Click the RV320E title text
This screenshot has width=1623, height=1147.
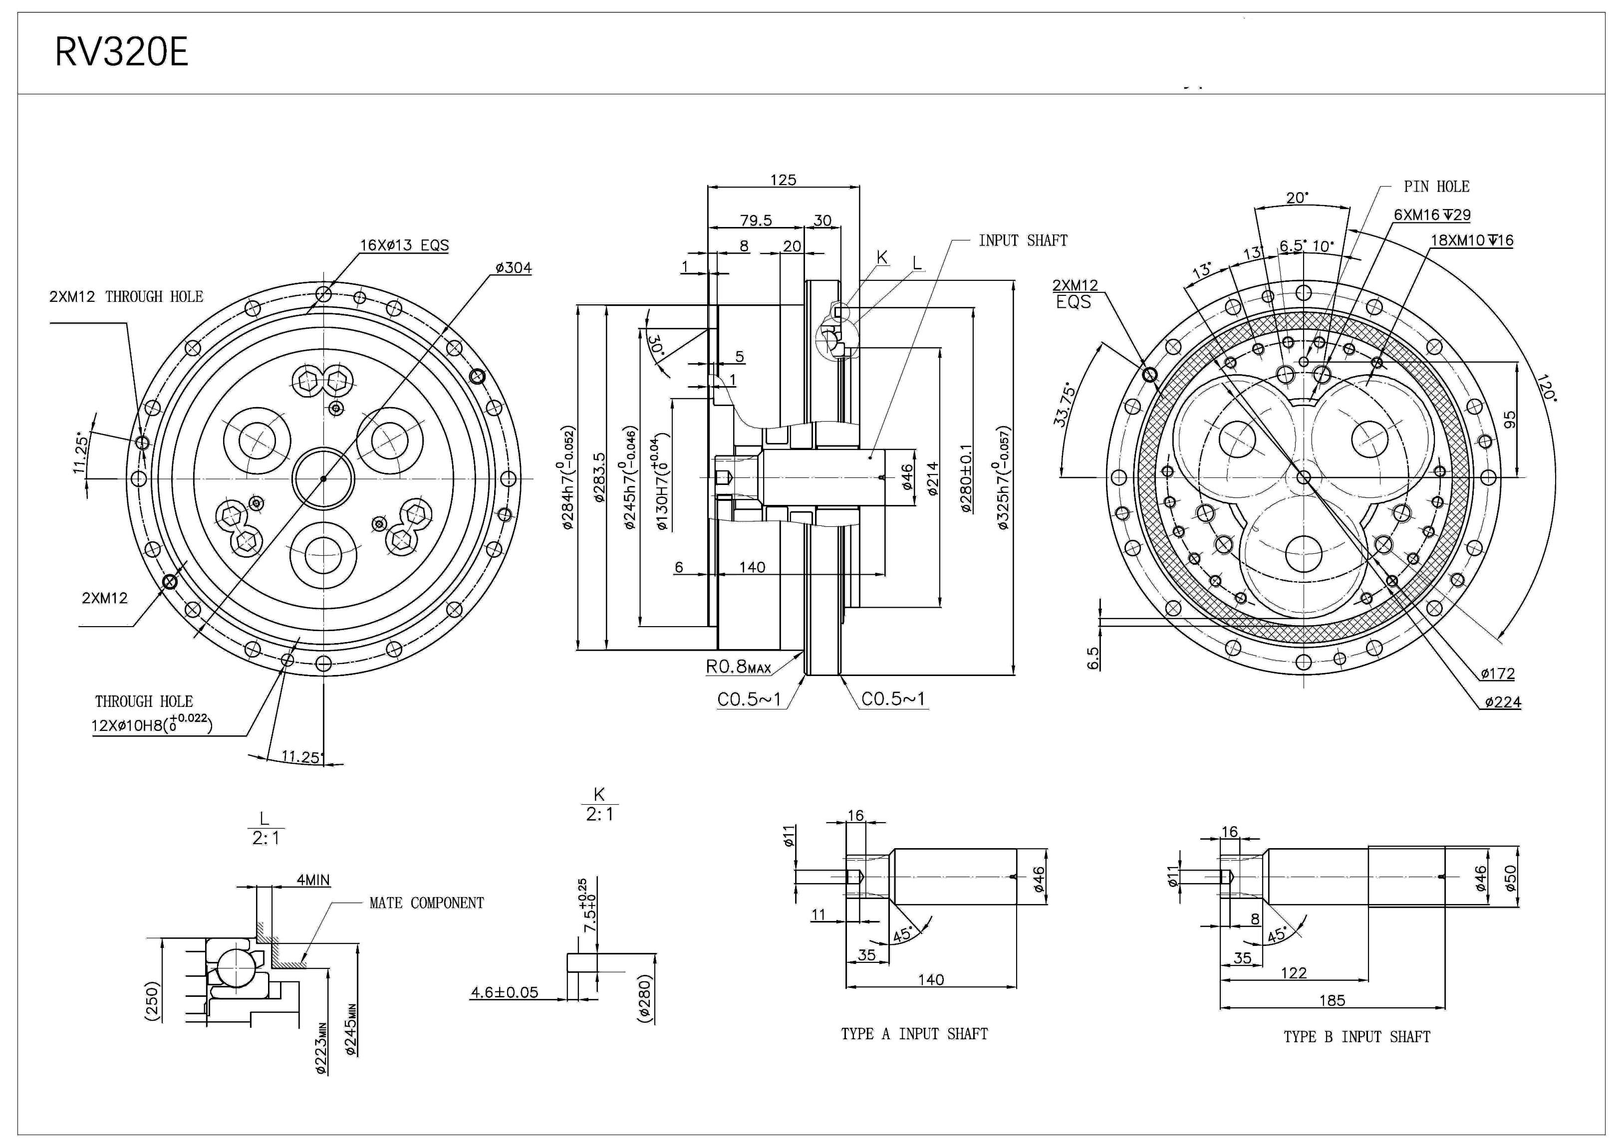(x=122, y=52)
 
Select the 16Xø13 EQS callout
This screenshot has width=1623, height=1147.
(x=404, y=245)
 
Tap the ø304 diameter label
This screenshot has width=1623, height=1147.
(x=514, y=268)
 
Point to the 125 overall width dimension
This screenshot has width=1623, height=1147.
(x=783, y=180)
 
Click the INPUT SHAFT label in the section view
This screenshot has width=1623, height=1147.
(x=1023, y=240)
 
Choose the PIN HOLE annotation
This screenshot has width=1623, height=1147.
(x=1436, y=187)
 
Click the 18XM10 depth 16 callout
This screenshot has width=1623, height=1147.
(x=1472, y=240)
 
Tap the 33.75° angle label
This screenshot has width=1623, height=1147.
(x=1064, y=406)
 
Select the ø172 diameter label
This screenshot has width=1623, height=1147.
(x=1498, y=674)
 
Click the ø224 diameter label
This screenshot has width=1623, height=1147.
(x=1503, y=702)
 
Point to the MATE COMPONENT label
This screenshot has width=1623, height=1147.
(x=426, y=903)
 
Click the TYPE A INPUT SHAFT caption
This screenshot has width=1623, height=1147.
(x=914, y=1034)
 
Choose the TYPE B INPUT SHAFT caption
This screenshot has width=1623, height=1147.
(x=1356, y=1037)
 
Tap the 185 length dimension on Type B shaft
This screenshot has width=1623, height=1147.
(x=1332, y=1000)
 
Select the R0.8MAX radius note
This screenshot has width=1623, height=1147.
(x=739, y=667)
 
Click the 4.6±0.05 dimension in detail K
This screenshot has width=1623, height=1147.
(x=504, y=992)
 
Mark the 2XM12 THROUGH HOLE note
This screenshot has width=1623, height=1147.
(x=126, y=297)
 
